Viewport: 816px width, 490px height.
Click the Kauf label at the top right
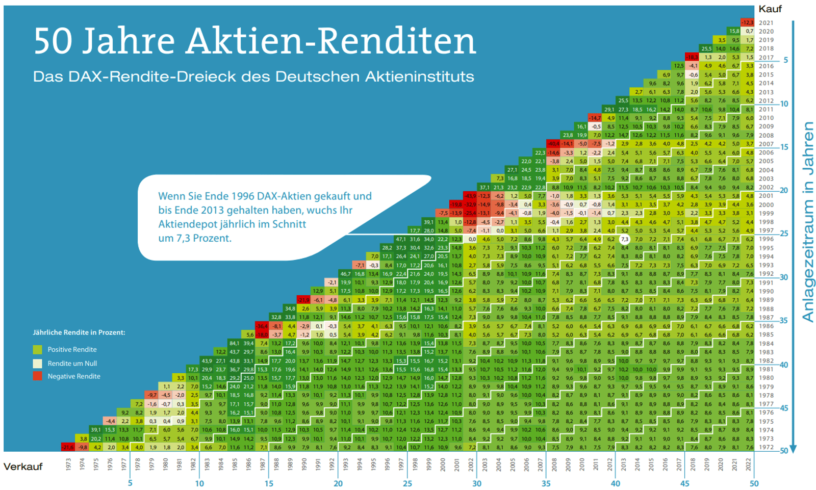[770, 9]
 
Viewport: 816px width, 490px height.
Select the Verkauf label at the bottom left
[23, 467]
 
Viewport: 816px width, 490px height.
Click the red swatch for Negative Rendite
[37, 376]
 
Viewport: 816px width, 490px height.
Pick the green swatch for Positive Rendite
[37, 350]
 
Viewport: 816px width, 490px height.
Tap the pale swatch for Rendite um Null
[37, 364]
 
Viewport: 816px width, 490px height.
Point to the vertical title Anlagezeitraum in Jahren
[807, 222]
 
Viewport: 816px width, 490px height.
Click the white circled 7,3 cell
[624, 239]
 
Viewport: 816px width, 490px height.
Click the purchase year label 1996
[766, 239]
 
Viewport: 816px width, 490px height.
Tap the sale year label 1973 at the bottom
[68, 464]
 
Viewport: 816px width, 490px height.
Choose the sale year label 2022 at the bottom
[749, 464]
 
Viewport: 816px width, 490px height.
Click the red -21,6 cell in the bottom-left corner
[68, 447]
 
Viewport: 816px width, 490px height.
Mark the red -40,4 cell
[553, 144]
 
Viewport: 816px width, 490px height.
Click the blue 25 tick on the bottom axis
[407, 483]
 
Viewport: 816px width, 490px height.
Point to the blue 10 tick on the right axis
[784, 104]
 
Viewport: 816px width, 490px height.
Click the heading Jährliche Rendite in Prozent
[79, 332]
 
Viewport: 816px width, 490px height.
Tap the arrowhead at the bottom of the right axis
[793, 449]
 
